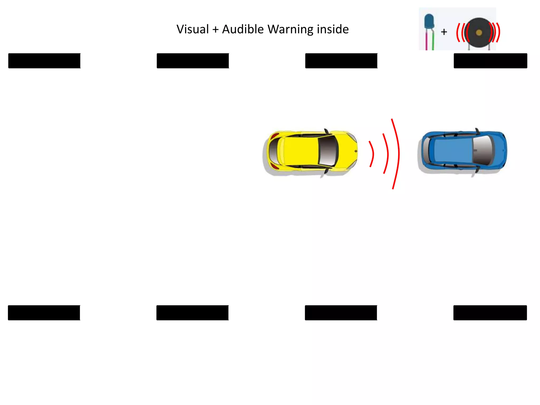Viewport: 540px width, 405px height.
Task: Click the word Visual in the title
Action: click(192, 29)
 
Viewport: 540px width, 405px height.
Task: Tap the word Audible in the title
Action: click(243, 29)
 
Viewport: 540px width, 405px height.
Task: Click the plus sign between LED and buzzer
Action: click(444, 32)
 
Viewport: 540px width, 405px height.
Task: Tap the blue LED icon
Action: click(429, 21)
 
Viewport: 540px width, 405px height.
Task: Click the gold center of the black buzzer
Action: click(479, 33)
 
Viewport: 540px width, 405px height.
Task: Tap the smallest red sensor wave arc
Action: click(372, 154)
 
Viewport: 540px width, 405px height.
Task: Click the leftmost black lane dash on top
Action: click(44, 61)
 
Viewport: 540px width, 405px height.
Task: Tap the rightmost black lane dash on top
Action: click(490, 61)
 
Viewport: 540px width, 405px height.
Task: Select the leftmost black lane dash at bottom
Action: click(44, 313)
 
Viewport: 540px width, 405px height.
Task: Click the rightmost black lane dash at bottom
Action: click(490, 313)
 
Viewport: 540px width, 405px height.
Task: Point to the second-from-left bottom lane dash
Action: click(192, 313)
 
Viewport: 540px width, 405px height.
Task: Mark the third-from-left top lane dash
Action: click(341, 61)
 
